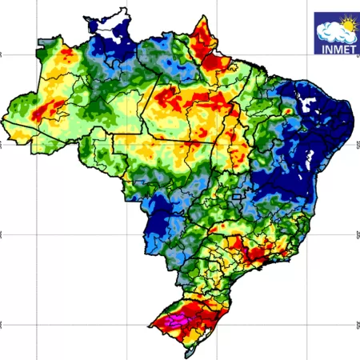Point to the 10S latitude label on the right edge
coord(357,145)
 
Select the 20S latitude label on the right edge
coord(357,234)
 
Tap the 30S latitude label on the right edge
coord(357,324)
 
